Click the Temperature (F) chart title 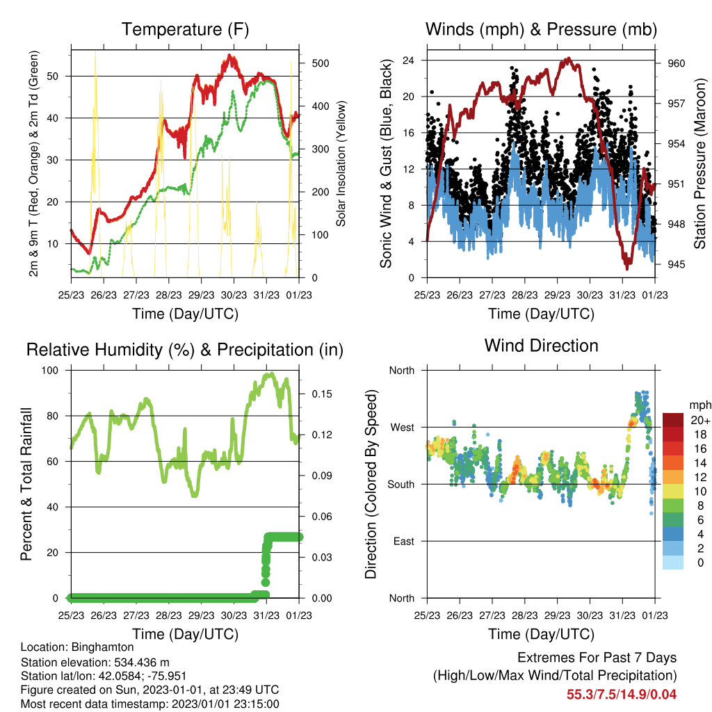pos(185,29)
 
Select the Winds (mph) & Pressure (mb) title pos(541,29)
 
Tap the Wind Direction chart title pos(541,346)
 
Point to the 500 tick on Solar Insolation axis pos(321,63)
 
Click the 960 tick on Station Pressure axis pos(676,63)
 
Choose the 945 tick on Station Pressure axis pos(676,264)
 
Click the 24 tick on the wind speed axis pos(408,60)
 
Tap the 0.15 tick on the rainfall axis pos(322,394)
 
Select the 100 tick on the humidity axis pos(50,371)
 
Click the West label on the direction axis pos(403,428)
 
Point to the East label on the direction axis pos(404,541)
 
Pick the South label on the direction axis pos(401,485)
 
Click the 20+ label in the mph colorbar pos(700,420)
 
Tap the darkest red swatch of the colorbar pos(673,420)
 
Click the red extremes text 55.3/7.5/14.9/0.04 pos(622,695)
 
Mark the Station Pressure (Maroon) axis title pos(699,163)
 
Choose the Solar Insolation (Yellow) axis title pos(341,163)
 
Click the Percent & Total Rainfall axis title pos(26,484)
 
